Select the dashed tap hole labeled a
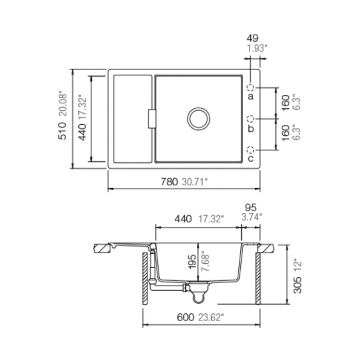point(250,87)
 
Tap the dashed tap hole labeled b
point(250,119)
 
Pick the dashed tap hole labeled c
point(250,150)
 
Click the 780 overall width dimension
point(169,182)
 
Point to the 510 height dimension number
point(62,131)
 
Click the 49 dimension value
point(252,38)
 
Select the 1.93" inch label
point(257,49)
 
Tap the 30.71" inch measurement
point(195,182)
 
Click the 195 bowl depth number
point(192,261)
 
